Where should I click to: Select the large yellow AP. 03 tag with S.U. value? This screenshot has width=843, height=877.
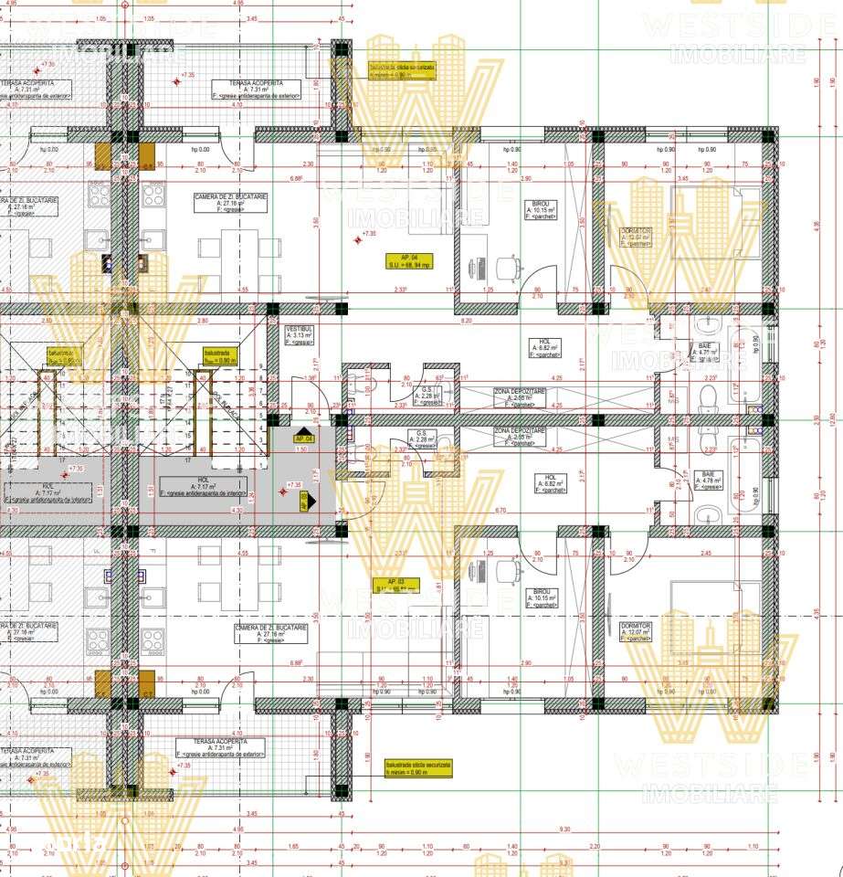403,585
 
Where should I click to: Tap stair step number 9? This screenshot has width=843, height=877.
263,366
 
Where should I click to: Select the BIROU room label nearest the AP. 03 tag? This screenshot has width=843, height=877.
545,600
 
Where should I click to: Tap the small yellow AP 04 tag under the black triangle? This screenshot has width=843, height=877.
303,439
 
